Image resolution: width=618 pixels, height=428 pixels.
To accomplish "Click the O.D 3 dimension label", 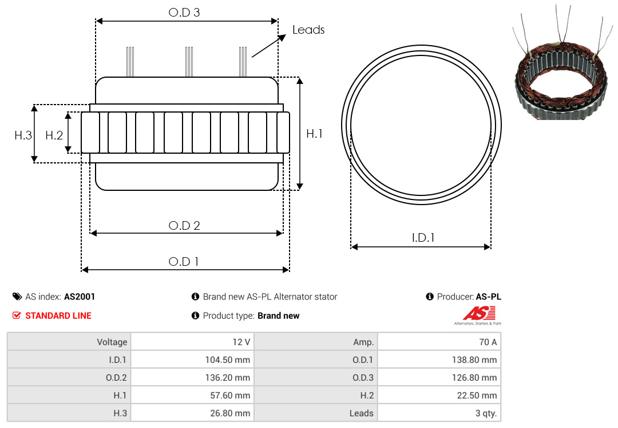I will coord(184,12).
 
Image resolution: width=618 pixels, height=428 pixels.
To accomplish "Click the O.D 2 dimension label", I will coord(184,226).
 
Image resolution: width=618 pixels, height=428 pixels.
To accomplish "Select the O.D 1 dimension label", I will coord(184,262).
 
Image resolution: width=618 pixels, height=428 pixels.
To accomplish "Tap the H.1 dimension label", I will coord(314,134).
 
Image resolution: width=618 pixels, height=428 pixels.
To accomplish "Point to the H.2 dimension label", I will coord(54,135).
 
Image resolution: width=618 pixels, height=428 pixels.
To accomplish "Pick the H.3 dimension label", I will coord(23,135).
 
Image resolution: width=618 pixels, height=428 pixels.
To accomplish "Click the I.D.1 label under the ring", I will coord(423,238).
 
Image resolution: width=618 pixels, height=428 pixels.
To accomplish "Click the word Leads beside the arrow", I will coord(308,30).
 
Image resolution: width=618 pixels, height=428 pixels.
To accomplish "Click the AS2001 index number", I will coord(80,297).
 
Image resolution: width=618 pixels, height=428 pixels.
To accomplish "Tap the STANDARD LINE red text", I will coord(58,315).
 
